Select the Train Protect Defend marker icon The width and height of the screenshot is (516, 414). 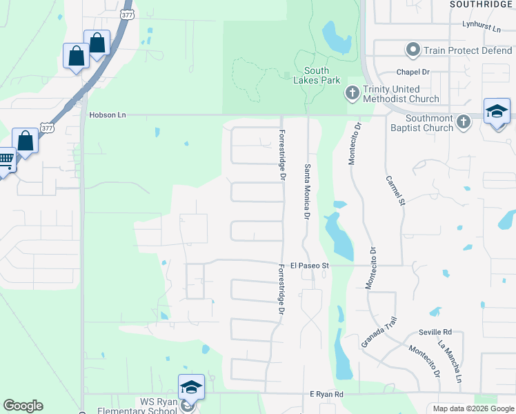tap(413, 50)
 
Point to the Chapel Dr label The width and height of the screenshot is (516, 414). tap(413, 72)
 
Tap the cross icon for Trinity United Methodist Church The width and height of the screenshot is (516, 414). tap(352, 93)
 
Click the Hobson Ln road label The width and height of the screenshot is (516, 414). tap(107, 115)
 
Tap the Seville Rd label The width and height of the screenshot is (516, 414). tap(437, 332)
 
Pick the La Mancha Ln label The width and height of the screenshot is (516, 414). tap(450, 362)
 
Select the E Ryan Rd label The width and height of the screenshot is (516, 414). tap(326, 393)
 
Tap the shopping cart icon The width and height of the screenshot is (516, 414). tap(5, 161)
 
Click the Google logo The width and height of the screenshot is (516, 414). tap(23, 406)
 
